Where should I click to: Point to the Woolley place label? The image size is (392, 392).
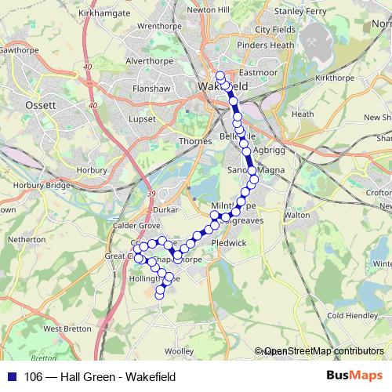coord(179,350)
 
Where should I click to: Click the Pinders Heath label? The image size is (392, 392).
coord(265,45)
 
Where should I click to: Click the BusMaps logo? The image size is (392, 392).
coord(354,376)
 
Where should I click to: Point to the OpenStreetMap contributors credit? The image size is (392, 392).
coord(323,351)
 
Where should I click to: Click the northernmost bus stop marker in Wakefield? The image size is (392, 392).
coord(220,77)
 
